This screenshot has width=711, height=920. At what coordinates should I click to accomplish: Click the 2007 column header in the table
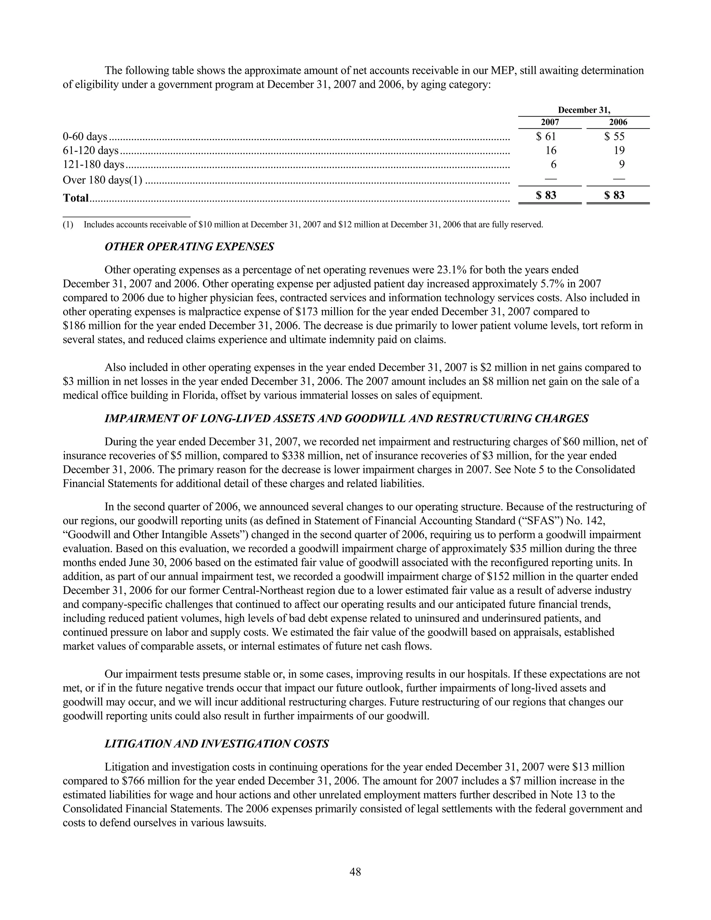coord(550,123)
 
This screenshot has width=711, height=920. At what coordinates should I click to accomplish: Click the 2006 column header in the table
coord(618,123)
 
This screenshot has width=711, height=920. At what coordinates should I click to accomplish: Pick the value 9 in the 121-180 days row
coord(621,164)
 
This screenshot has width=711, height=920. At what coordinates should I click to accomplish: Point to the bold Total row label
coord(76,198)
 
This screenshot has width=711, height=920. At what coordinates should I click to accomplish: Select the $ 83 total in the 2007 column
coord(546,195)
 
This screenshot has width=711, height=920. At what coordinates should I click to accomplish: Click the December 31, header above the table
coord(584,110)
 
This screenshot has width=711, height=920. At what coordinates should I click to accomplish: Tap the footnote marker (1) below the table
coord(68,225)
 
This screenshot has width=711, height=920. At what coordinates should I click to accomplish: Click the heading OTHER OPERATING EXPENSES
coord(189,247)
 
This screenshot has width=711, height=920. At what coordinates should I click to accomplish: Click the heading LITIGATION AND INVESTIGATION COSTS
coord(217,744)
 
